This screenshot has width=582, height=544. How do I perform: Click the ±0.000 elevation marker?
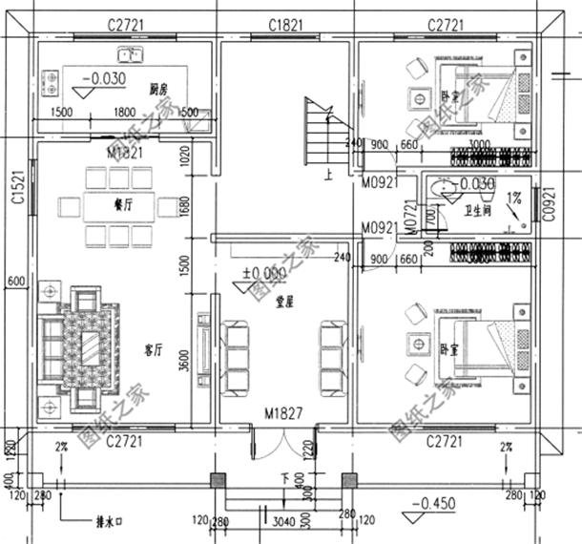[264, 273]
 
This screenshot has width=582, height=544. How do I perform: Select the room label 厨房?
[158, 90]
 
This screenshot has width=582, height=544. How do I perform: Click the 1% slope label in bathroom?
[513, 197]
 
